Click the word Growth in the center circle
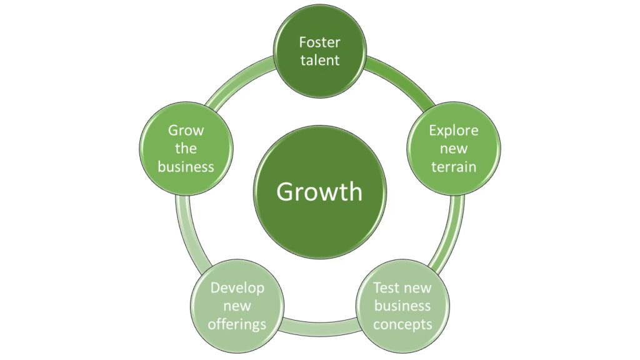[x=319, y=191]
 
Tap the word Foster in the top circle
[x=319, y=42]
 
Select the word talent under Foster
[x=319, y=60]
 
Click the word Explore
[x=453, y=131]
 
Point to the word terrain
[x=453, y=167]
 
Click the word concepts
[x=402, y=324]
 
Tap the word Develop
[x=237, y=287]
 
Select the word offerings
[x=237, y=324]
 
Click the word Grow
[x=186, y=131]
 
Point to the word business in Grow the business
[x=186, y=167]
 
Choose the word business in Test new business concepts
[x=402, y=306]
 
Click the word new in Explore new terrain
[x=453, y=149]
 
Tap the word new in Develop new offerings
[x=237, y=306]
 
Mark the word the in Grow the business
[x=186, y=149]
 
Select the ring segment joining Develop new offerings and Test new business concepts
[x=319, y=326]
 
